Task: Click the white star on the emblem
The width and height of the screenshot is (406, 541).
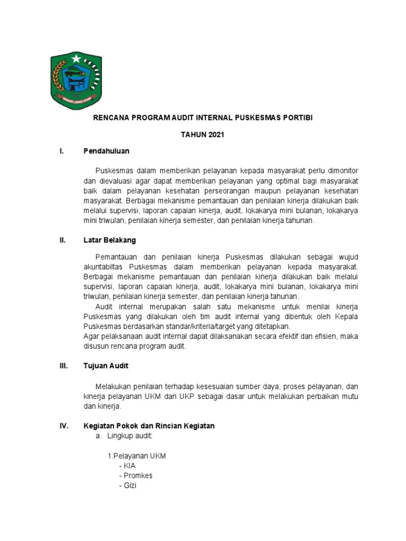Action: point(77,58)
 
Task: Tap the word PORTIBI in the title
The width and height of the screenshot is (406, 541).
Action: point(298,117)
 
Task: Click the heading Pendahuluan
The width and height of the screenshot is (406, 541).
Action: point(106,152)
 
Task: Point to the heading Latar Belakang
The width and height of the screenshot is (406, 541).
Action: point(109,240)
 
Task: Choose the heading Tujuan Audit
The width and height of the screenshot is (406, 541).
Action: point(106,366)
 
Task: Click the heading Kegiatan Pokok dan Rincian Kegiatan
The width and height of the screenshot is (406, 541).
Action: point(149,426)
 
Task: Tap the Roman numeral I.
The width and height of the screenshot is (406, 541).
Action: point(62,152)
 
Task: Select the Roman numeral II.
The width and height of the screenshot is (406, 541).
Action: point(62,240)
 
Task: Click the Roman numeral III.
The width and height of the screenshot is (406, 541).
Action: point(63,366)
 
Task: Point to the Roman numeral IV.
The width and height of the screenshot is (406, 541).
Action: point(63,426)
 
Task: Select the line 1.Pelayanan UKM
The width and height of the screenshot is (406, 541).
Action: point(137,455)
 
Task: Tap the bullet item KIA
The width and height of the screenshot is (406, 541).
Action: point(128,465)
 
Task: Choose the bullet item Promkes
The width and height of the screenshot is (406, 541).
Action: point(136,475)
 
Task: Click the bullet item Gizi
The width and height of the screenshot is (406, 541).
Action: point(128,486)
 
